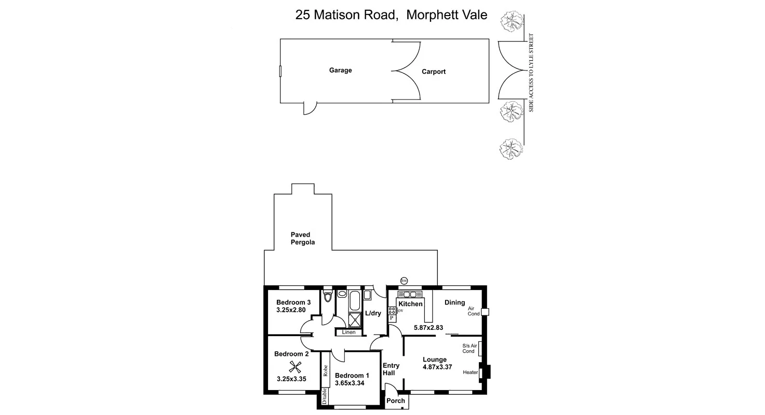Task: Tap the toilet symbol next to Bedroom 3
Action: click(x=327, y=297)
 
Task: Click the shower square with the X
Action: click(x=356, y=320)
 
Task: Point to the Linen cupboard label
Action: click(x=348, y=332)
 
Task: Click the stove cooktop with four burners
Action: click(x=392, y=311)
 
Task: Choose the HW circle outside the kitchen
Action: click(x=404, y=281)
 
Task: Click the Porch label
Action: click(x=396, y=400)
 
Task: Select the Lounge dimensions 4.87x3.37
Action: click(x=438, y=367)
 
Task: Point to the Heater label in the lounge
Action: click(x=470, y=372)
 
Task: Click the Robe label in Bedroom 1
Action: click(x=325, y=370)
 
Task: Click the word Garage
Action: click(x=340, y=70)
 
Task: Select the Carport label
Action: click(x=434, y=72)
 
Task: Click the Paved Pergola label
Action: click(x=303, y=239)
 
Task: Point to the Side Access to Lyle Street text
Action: click(x=531, y=73)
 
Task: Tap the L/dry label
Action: click(x=373, y=313)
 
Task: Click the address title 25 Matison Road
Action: click(x=347, y=15)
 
